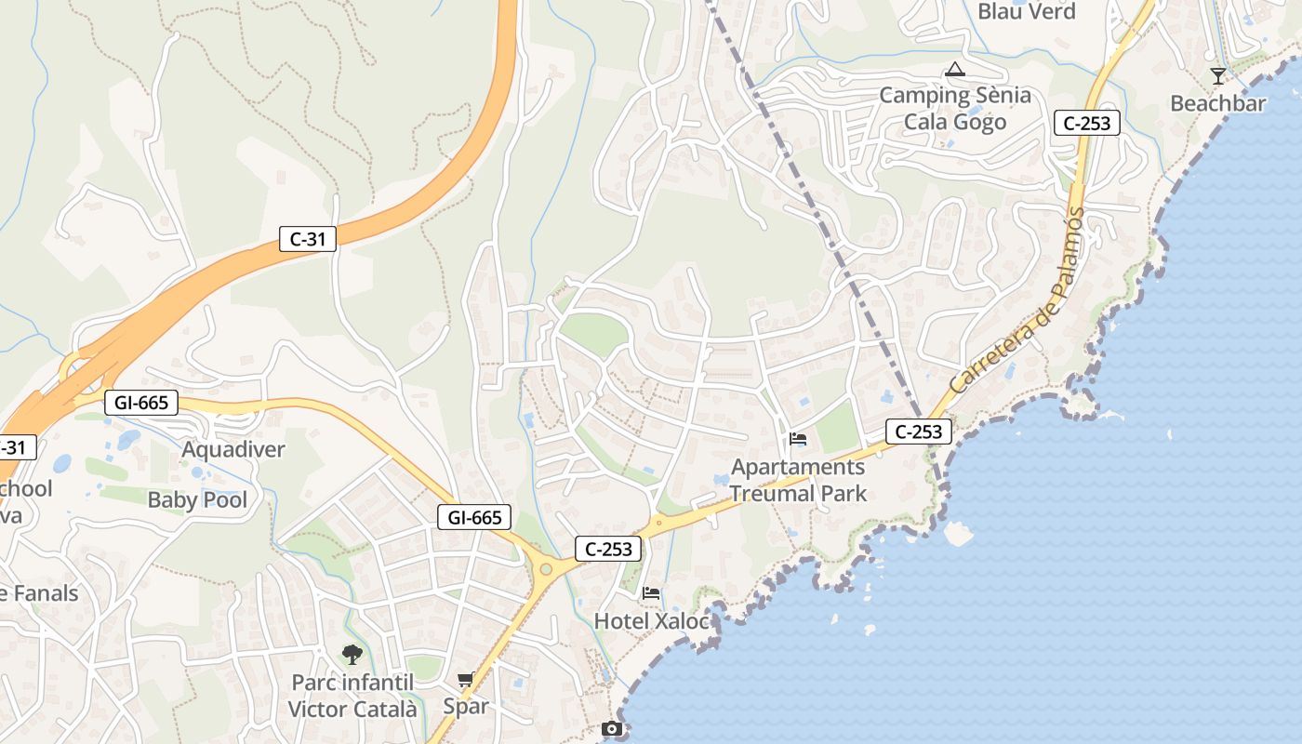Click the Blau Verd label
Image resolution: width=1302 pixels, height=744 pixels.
click(x=1026, y=11)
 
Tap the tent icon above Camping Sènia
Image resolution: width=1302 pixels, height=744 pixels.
click(x=955, y=69)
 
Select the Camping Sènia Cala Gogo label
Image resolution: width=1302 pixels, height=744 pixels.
click(x=955, y=108)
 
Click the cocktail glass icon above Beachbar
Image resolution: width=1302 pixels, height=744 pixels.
click(x=1217, y=75)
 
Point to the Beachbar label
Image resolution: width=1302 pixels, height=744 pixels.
click(x=1217, y=103)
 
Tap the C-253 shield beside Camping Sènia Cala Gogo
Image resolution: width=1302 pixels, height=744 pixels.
click(x=1086, y=123)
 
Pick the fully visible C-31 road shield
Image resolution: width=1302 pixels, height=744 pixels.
click(x=308, y=239)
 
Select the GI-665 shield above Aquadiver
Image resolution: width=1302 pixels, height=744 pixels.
click(x=140, y=403)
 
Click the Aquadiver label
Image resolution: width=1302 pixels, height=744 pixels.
click(x=233, y=450)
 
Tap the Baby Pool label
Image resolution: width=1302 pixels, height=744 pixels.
click(x=197, y=500)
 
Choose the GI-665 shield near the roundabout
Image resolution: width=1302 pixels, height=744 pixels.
click(x=474, y=518)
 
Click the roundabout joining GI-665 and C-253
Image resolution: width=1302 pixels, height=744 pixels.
click(x=546, y=569)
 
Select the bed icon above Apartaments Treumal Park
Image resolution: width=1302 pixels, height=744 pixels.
click(x=797, y=439)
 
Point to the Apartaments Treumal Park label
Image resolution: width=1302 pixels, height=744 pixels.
click(x=798, y=480)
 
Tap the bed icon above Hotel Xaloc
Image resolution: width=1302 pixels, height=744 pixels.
click(x=651, y=592)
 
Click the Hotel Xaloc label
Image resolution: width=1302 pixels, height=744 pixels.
click(x=651, y=620)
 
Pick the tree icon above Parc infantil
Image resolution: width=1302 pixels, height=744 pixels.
click(x=352, y=655)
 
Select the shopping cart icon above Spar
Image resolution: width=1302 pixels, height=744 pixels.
click(x=466, y=680)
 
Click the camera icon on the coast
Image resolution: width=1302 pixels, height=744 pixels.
click(x=612, y=729)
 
